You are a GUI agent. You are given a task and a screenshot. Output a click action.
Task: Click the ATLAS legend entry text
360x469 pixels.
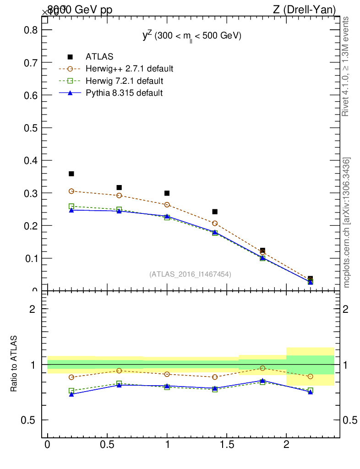click(99, 57)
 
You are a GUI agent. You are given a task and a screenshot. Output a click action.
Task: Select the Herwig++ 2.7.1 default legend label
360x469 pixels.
click(129, 69)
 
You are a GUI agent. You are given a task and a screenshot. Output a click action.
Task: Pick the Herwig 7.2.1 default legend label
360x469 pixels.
click(124, 81)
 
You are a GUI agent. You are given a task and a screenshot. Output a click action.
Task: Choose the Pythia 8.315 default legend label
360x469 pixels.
click(124, 93)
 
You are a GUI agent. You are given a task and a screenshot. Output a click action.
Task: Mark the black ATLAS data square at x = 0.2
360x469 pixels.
click(71, 174)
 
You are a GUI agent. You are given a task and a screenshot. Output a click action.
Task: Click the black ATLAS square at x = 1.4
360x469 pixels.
click(215, 212)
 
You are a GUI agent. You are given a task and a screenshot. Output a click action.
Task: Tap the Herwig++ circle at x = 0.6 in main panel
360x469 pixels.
click(119, 196)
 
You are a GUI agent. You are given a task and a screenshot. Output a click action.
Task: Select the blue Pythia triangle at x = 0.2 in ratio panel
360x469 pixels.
click(71, 394)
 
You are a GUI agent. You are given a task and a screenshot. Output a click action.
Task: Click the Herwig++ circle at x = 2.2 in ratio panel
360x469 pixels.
click(310, 376)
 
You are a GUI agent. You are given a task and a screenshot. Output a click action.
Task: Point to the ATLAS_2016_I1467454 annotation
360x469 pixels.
click(190, 274)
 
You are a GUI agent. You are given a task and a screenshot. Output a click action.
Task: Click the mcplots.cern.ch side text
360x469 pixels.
click(347, 223)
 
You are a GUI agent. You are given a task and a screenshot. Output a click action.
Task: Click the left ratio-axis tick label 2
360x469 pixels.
click(32, 309)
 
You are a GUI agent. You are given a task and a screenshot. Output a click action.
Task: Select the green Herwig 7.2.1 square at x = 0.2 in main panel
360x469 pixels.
click(71, 207)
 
